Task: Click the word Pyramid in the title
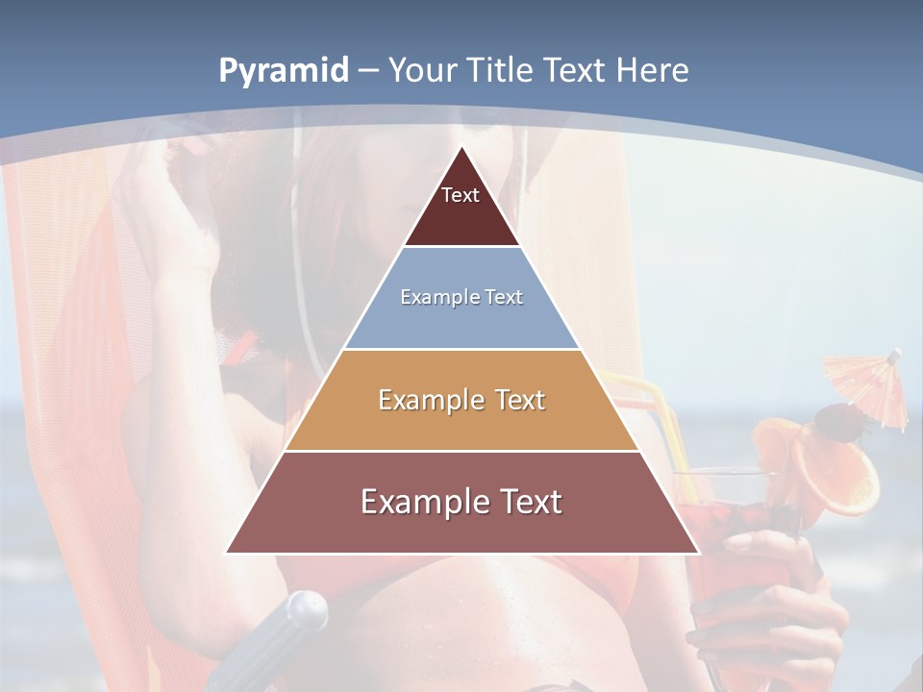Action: [283, 71]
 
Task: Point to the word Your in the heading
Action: [423, 71]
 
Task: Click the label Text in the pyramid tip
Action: [461, 195]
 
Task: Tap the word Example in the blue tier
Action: [431, 297]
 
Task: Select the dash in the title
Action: [368, 71]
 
